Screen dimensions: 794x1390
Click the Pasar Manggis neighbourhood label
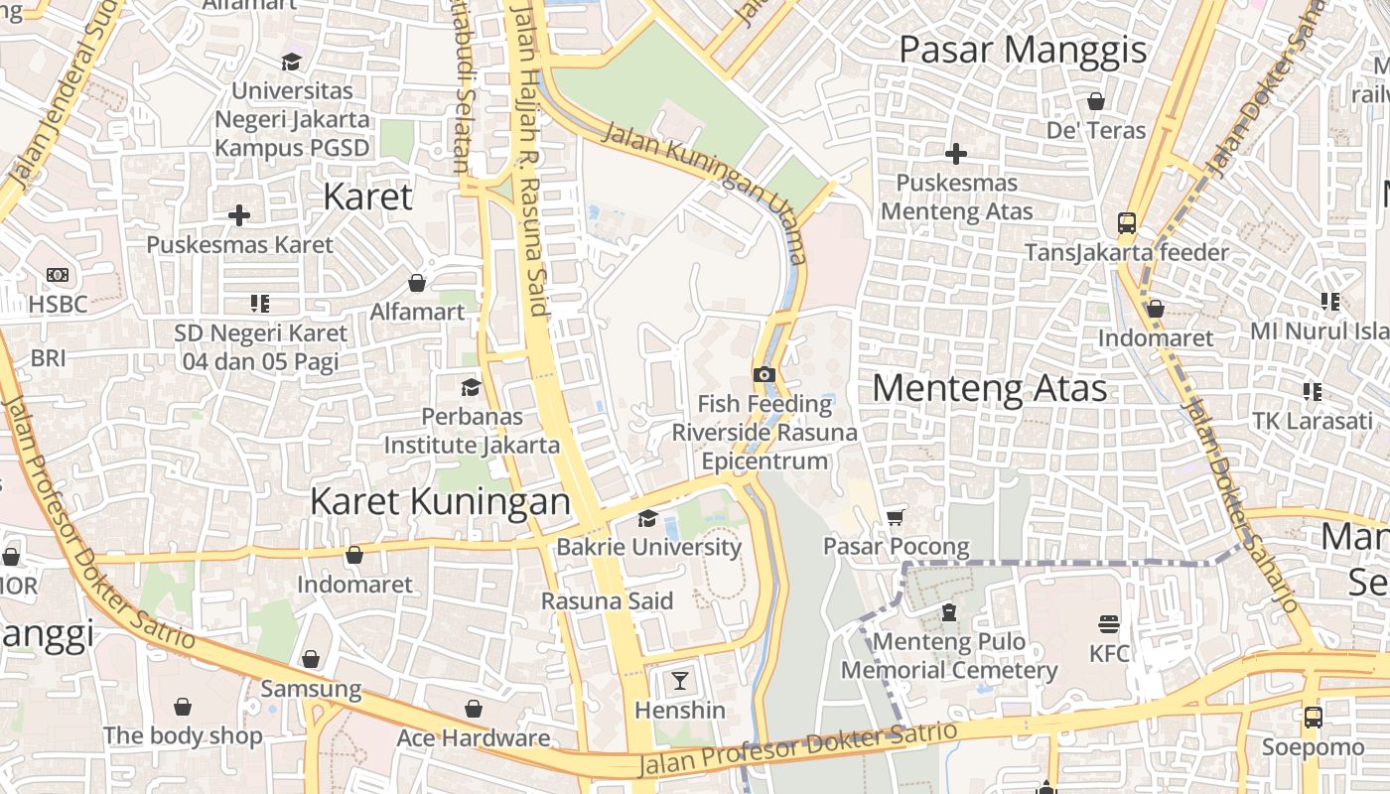point(1023,50)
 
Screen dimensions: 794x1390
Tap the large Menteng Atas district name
point(989,388)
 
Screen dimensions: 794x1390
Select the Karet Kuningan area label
point(440,502)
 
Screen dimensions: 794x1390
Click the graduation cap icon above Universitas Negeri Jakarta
point(292,62)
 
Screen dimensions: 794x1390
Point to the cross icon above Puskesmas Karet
point(239,214)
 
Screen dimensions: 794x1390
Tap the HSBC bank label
point(58,304)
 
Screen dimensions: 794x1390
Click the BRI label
point(48,357)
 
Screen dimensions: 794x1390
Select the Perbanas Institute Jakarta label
point(472,431)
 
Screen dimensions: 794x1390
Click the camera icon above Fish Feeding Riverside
point(764,374)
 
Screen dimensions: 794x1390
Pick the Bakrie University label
point(648,547)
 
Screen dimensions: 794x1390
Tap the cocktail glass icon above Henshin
point(680,680)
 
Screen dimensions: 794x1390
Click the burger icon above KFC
point(1109,624)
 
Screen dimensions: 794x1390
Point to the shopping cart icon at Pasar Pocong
point(896,516)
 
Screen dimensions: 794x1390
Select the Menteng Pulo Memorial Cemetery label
point(949,656)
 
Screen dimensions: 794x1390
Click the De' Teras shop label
point(1096,130)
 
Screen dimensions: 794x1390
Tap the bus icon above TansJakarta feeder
point(1127,222)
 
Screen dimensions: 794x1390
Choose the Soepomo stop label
point(1313,746)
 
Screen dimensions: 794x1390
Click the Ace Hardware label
point(473,737)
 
